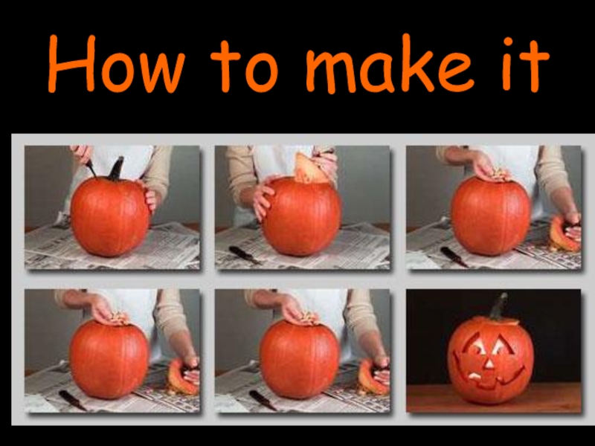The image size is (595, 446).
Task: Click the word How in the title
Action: tap(117, 63)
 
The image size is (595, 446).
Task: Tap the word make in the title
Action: tap(390, 63)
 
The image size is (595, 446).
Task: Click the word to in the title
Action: tap(245, 65)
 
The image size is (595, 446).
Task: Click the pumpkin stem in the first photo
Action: tap(116, 169)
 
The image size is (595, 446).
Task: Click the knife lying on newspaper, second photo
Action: tap(245, 255)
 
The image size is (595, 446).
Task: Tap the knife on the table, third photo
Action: tap(454, 256)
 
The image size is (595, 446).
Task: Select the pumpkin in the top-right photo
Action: tap(490, 215)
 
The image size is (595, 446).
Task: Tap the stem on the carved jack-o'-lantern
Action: tap(499, 306)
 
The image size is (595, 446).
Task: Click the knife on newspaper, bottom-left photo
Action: tap(72, 400)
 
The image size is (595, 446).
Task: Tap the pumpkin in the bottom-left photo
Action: tap(109, 359)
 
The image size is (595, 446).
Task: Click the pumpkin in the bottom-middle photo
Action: tap(299, 359)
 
